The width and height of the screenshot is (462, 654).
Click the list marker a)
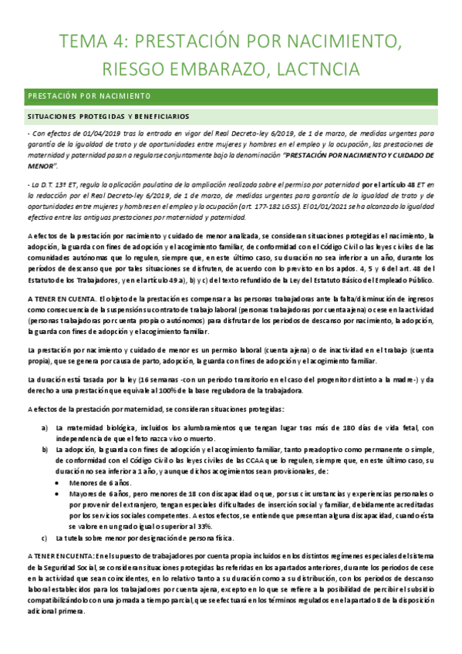click(x=46, y=427)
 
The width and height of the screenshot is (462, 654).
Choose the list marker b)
click(x=46, y=448)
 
